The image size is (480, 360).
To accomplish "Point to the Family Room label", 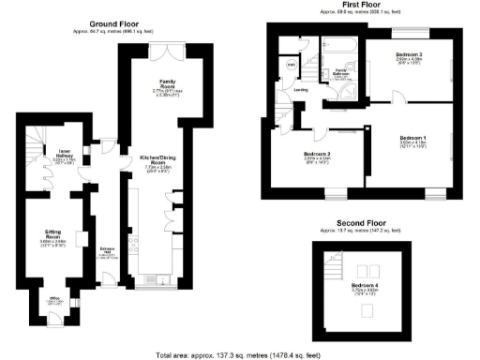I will pyautogui.click(x=169, y=82).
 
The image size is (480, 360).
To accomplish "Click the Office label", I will pyautogui.click(x=53, y=301).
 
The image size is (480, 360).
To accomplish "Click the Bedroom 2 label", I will pyautogui.click(x=318, y=154).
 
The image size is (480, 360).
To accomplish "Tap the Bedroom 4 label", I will pyautogui.click(x=365, y=284).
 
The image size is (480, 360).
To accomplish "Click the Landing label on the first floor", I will pyautogui.click(x=301, y=90).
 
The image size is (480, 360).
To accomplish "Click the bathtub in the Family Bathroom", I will pyautogui.click(x=341, y=45).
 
